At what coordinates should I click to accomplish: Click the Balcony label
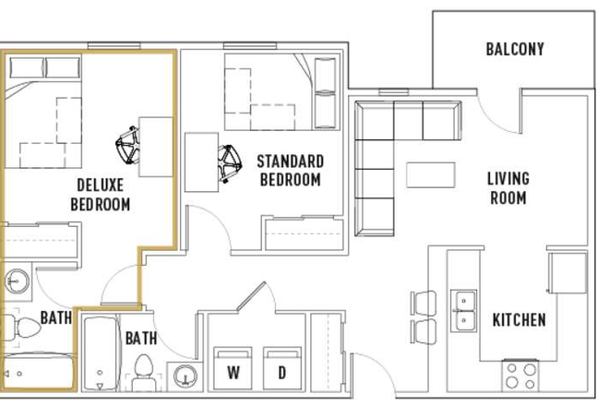pos(515,49)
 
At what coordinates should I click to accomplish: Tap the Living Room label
pos(508,188)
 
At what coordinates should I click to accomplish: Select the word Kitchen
pos(519,320)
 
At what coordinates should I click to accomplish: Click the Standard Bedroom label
pos(290,171)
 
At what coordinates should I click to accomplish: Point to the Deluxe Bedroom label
pos(101,195)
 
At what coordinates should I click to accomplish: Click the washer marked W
pos(233,368)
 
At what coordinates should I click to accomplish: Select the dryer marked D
pos(282,368)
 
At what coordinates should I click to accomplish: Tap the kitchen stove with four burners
pos(520,376)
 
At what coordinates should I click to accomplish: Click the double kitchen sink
pos(463,311)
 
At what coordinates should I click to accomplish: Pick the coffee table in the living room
pos(430,174)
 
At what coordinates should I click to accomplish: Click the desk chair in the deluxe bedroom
pos(127,146)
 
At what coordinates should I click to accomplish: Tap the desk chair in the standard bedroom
pos(230,163)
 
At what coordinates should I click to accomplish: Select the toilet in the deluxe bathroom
pos(24,328)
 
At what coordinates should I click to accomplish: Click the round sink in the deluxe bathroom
pos(17,281)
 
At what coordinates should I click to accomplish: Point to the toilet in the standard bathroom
pos(143,372)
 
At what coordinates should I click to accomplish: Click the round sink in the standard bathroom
pos(185,376)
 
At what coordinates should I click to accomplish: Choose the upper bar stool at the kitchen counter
pos(424,303)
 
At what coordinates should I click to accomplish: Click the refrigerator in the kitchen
pos(567,273)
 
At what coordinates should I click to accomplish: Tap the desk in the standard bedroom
pos(201,162)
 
